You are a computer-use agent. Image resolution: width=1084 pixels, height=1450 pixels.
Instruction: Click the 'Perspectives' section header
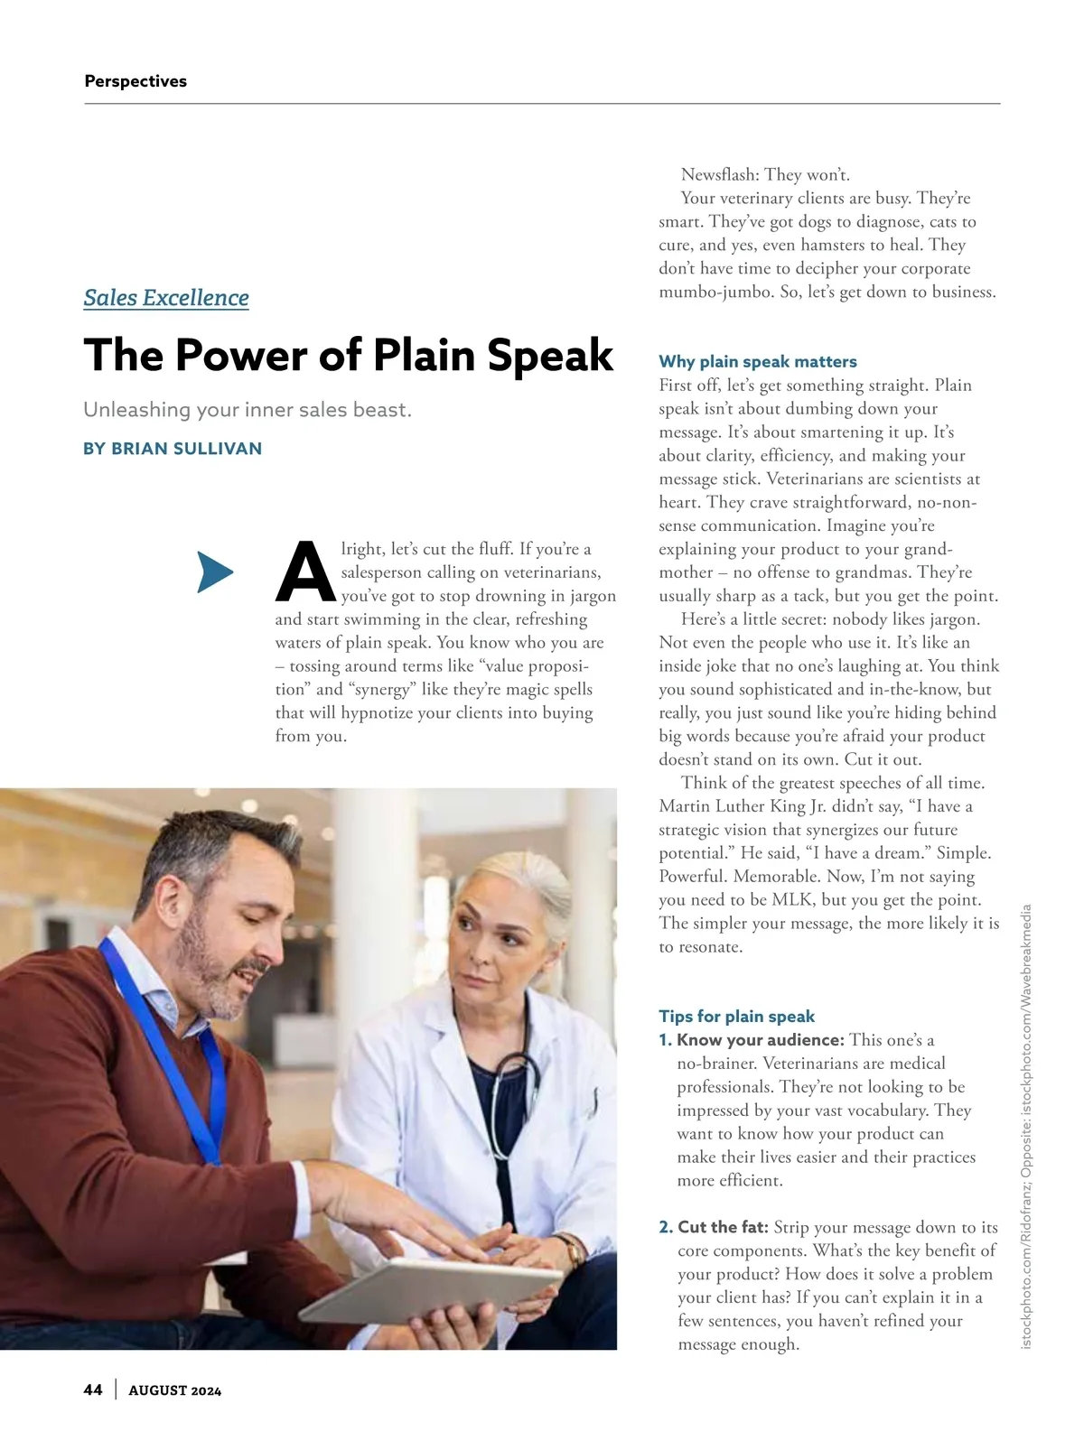(x=135, y=81)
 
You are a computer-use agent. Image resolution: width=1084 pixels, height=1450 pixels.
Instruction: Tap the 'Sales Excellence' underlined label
(x=166, y=298)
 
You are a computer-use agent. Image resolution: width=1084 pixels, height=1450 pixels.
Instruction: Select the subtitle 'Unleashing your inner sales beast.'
(x=248, y=410)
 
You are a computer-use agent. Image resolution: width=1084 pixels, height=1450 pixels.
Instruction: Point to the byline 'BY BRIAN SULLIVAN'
(x=173, y=449)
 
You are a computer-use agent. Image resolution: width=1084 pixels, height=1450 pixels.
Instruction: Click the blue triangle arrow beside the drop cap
(x=214, y=572)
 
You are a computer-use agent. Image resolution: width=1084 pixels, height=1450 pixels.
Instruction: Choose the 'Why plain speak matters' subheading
(x=758, y=362)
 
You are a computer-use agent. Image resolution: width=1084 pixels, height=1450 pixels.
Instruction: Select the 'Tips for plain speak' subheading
(x=736, y=1017)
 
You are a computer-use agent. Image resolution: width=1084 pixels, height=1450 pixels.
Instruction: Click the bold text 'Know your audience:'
(x=761, y=1040)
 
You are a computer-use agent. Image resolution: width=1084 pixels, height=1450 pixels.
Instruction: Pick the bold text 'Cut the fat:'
(x=723, y=1228)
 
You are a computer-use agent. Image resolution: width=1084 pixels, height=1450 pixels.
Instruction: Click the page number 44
(x=93, y=1390)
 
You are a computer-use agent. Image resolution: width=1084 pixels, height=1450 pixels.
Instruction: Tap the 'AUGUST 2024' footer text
(x=175, y=1390)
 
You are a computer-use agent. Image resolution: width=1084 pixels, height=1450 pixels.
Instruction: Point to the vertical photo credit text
(x=1026, y=1129)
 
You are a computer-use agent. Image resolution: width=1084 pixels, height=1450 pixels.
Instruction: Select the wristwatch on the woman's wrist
(x=575, y=1250)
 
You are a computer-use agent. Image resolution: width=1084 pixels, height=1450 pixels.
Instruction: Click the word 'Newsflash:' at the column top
(x=720, y=175)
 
